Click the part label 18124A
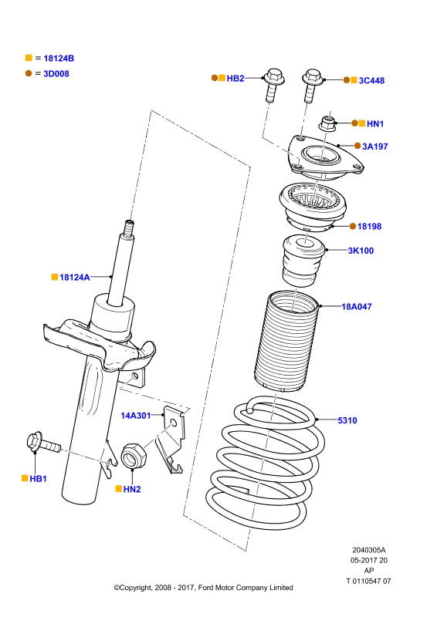pyautogui.click(x=74, y=278)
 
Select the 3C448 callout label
pyautogui.click(x=371, y=81)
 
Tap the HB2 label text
pyautogui.click(x=235, y=79)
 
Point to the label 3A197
pyautogui.click(x=375, y=147)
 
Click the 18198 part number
pyautogui.click(x=369, y=226)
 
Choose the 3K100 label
pyautogui.click(x=361, y=251)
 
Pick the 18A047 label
pyautogui.click(x=357, y=306)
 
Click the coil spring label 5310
pyautogui.click(x=347, y=420)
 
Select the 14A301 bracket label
pyautogui.click(x=136, y=416)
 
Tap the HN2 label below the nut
pyautogui.click(x=132, y=489)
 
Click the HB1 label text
pyautogui.click(x=39, y=479)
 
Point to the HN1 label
pyautogui.click(x=375, y=124)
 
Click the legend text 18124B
pyautogui.click(x=59, y=59)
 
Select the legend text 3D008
pyautogui.click(x=56, y=74)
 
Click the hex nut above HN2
pyautogui.click(x=134, y=456)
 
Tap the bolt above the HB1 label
pyautogui.click(x=43, y=443)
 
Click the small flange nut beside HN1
pyautogui.click(x=327, y=124)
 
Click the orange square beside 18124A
pyautogui.click(x=55, y=277)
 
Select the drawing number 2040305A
pyautogui.click(x=369, y=550)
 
